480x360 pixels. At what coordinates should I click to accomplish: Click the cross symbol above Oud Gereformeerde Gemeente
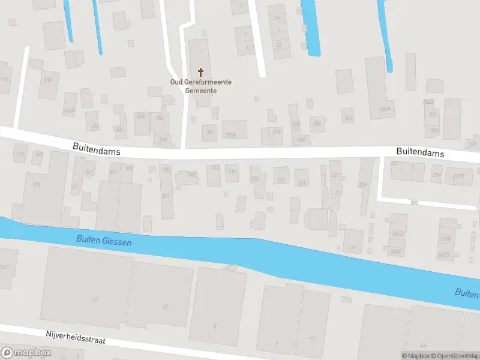(200, 71)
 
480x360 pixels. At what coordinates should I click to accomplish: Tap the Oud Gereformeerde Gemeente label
(200, 86)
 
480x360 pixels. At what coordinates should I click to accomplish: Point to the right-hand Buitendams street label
(420, 153)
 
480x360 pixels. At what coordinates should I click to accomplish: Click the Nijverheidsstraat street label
(76, 337)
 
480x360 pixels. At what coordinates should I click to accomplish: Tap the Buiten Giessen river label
(104, 241)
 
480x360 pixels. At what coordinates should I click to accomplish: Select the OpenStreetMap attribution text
(454, 356)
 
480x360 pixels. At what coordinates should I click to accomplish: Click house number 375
(36, 185)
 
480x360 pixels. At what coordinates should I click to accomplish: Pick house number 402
(119, 130)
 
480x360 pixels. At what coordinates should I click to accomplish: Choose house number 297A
(458, 176)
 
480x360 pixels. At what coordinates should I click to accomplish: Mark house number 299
(437, 175)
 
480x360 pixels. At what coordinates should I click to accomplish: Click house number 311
(352, 247)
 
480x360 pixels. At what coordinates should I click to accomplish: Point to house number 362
(348, 118)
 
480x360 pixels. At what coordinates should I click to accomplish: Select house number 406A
(68, 111)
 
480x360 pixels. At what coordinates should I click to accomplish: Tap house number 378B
(230, 135)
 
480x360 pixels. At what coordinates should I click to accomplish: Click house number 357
(166, 196)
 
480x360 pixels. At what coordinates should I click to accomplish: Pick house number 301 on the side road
(414, 203)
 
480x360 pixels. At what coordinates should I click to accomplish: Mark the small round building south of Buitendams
(270, 209)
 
